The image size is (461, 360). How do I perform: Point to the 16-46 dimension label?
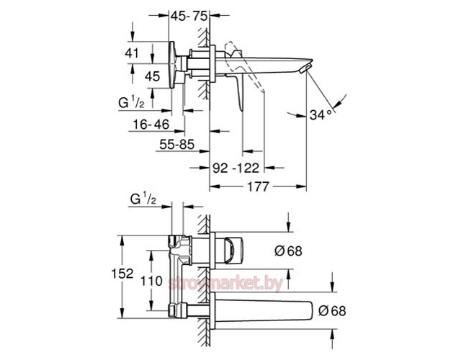tap(151, 125)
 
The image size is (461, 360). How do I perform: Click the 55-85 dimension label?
tap(176, 144)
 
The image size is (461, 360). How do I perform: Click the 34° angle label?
tap(321, 114)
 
